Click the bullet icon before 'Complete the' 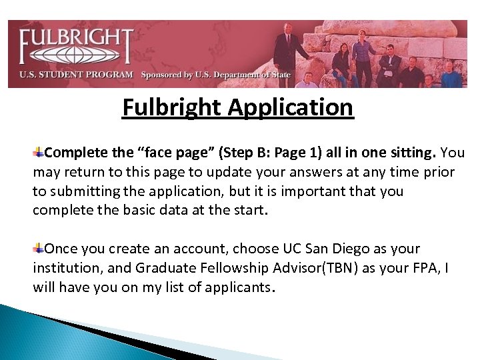click(39, 153)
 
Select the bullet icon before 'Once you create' click(39, 249)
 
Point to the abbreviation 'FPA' click(425, 268)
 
